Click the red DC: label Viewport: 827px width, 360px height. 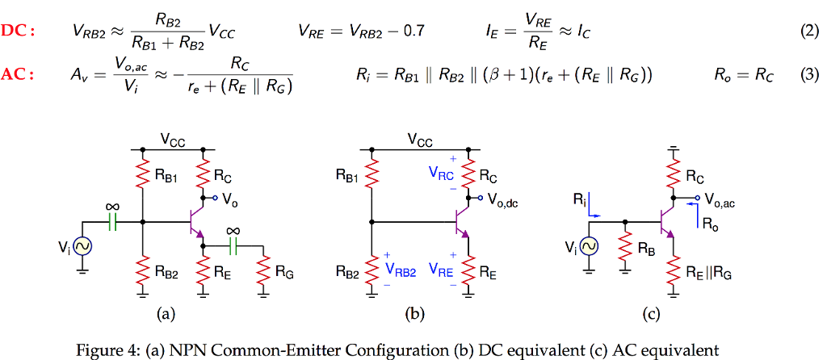tap(18, 31)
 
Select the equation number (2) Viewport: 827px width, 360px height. tap(808, 31)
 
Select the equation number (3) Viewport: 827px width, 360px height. tap(808, 75)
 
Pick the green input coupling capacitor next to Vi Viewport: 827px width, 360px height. tap(112, 220)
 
